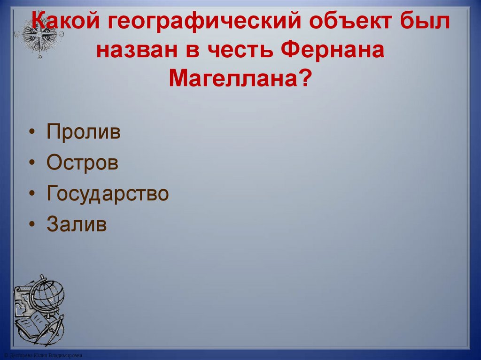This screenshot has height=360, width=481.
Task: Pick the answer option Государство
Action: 108,193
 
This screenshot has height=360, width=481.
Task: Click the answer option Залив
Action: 77,224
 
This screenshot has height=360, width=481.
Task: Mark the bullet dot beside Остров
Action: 31,163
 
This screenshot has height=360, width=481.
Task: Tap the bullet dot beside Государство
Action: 31,194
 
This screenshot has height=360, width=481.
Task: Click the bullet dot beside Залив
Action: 31,224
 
